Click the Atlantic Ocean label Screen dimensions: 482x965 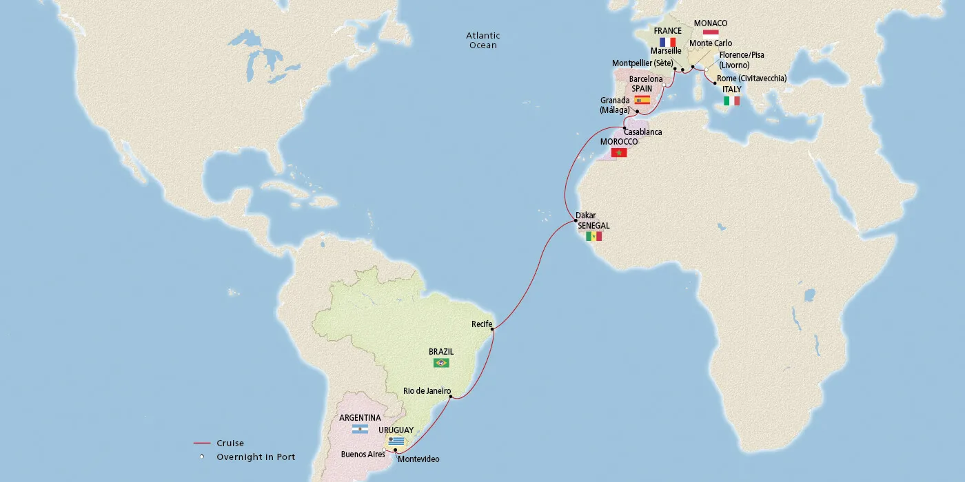[x=482, y=40]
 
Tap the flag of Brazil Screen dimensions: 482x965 [x=440, y=363]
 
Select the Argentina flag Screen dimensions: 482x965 [x=360, y=429]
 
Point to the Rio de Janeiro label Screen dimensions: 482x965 [x=427, y=391]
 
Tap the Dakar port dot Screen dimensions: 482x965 [x=576, y=221]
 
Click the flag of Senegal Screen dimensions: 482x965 [x=593, y=237]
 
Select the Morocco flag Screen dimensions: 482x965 [x=619, y=152]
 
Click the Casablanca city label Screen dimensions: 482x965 [x=642, y=132]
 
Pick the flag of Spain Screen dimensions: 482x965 [x=642, y=100]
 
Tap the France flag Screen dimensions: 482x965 [x=667, y=42]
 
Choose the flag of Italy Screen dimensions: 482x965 [x=731, y=101]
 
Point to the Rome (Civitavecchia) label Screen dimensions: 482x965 [x=751, y=78]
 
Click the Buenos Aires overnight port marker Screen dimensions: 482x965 [x=384, y=449]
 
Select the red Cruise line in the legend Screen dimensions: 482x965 [x=201, y=443]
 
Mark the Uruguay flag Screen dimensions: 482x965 [x=396, y=441]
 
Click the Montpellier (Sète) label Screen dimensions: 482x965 [x=642, y=63]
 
